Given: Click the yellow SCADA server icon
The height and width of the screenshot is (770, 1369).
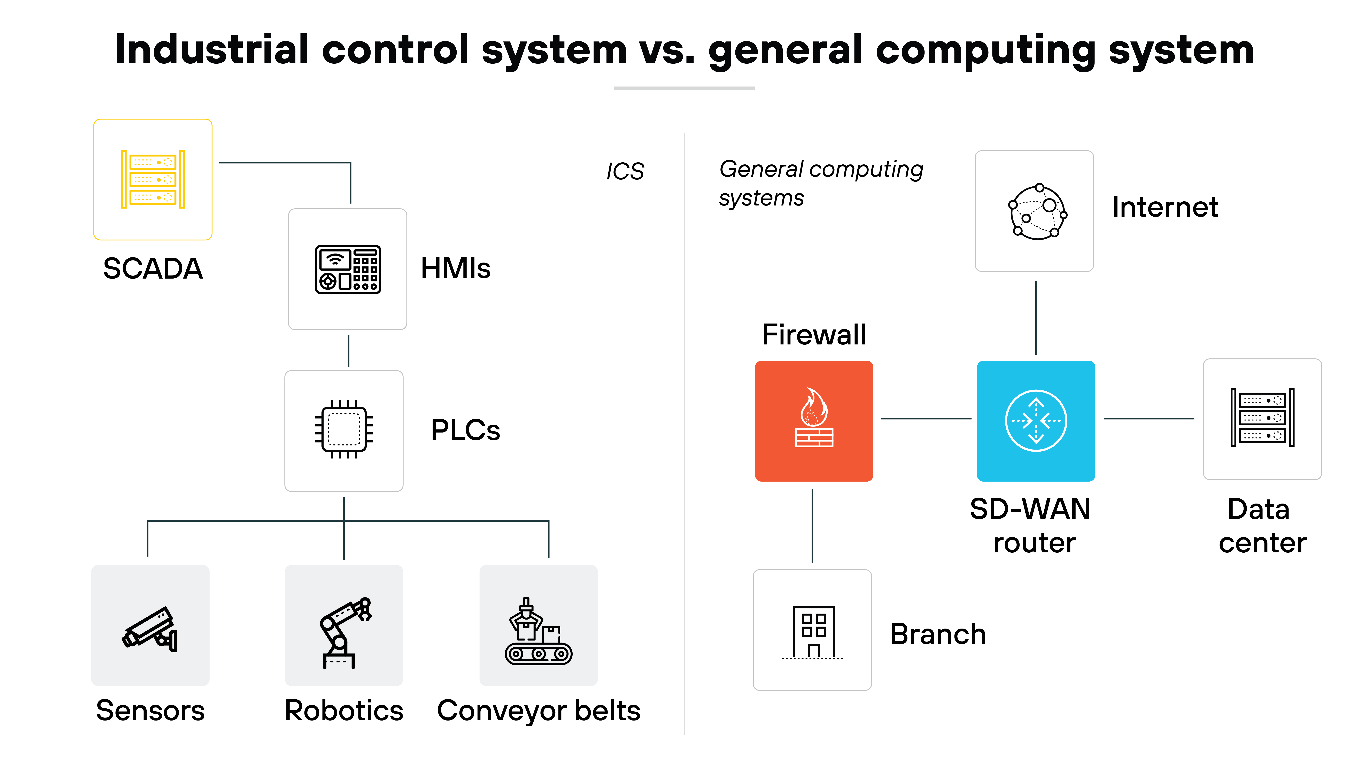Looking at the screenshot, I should click(153, 179).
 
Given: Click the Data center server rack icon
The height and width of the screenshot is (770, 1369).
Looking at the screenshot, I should click(1262, 418).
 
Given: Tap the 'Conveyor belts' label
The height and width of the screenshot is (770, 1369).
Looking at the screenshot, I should click(538, 710).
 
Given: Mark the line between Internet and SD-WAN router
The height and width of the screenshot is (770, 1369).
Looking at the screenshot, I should click(1036, 318).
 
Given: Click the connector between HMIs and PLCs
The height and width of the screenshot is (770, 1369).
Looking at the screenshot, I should click(348, 351).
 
